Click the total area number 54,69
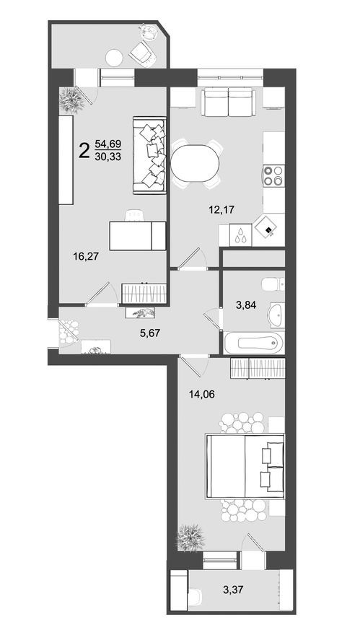point(107,144)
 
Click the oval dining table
point(196,163)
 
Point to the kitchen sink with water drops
point(240,234)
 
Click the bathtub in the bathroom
point(252,343)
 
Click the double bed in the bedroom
point(245,465)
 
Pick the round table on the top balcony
point(115,56)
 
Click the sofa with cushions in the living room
point(152,154)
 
